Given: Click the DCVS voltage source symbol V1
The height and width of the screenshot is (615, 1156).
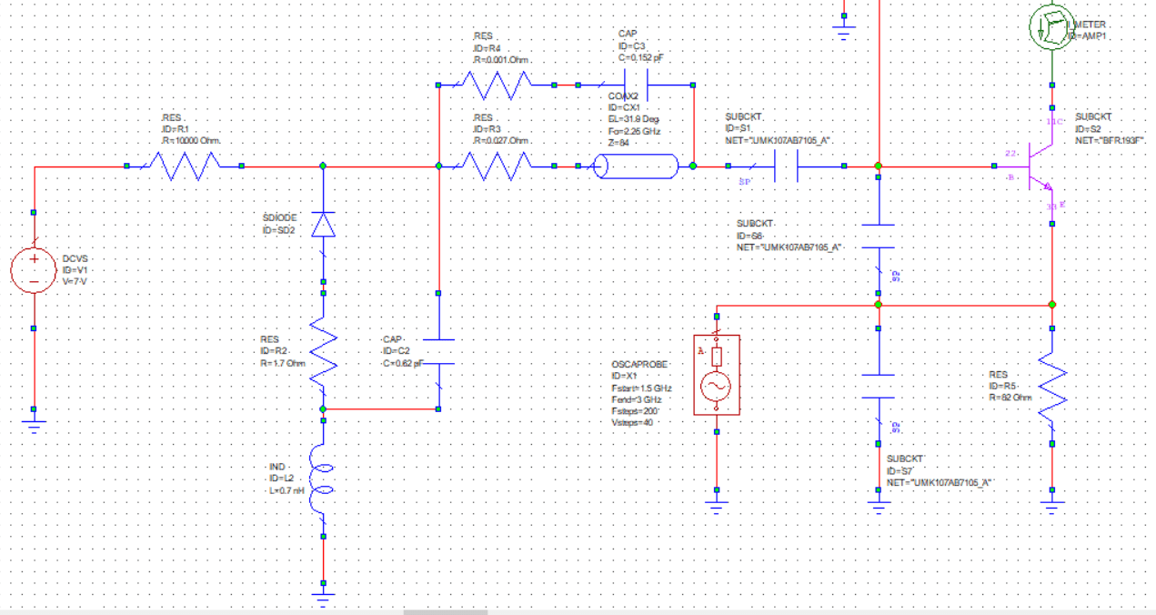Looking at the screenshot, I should click(34, 270).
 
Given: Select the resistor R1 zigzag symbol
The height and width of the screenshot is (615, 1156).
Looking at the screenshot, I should click(184, 166).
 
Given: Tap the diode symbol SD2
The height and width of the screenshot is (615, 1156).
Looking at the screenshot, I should click(323, 224).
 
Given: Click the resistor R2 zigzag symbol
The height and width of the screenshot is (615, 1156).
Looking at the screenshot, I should click(323, 351).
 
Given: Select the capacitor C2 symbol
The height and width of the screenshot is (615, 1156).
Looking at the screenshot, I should click(438, 353).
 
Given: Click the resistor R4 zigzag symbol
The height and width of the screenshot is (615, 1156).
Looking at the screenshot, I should click(497, 86).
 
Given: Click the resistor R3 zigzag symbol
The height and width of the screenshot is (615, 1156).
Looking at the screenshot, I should click(497, 166).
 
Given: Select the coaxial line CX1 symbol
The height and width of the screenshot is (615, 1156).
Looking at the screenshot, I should click(637, 166).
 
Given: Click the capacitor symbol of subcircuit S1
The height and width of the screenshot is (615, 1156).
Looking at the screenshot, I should click(786, 166).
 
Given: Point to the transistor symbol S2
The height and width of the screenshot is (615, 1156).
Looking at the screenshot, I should click(1037, 166).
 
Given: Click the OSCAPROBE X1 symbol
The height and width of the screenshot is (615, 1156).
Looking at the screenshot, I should click(717, 374).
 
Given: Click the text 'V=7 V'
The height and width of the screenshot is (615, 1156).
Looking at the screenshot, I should click(76, 282).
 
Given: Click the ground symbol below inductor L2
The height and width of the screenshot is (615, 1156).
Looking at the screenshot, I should click(323, 597).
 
